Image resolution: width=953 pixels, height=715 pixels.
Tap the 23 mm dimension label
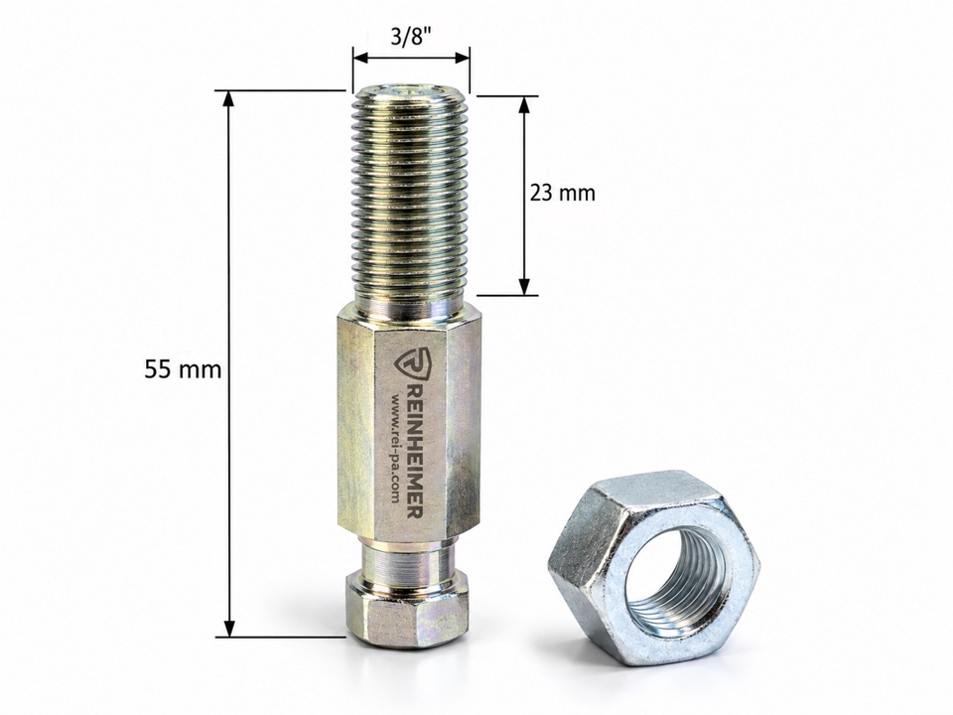(563, 194)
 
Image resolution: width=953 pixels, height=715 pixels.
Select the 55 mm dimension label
(183, 369)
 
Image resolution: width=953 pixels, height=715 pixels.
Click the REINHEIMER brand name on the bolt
(413, 451)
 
